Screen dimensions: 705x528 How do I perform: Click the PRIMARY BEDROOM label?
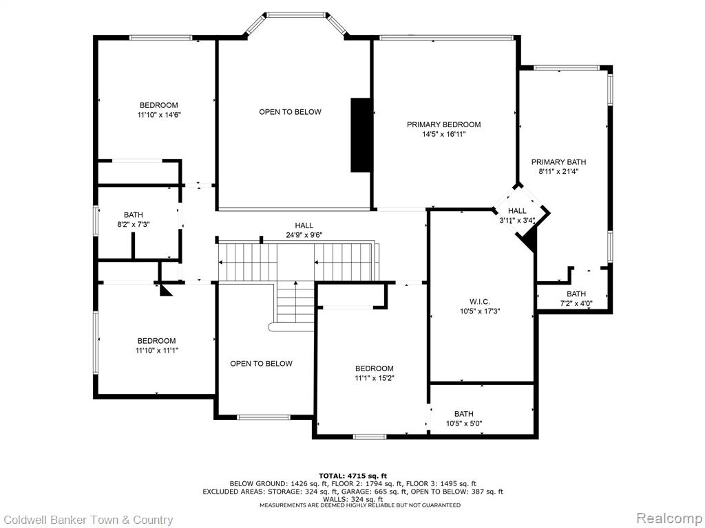pyautogui.click(x=443, y=124)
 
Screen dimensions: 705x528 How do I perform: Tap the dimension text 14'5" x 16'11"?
pyautogui.click(x=443, y=134)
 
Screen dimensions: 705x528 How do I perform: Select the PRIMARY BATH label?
pyautogui.click(x=558, y=162)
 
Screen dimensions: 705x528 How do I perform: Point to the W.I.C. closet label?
pyautogui.click(x=480, y=302)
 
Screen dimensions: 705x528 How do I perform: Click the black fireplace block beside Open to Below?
pyautogui.click(x=361, y=135)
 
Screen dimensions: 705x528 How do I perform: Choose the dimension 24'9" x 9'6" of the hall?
pyautogui.click(x=304, y=235)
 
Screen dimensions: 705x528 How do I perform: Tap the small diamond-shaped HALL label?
pyautogui.click(x=517, y=210)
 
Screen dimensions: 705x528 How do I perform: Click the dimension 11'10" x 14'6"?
pyautogui.click(x=159, y=115)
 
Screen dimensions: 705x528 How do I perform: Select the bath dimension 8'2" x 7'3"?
pyautogui.click(x=133, y=225)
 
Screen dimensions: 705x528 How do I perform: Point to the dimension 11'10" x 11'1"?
pyautogui.click(x=156, y=350)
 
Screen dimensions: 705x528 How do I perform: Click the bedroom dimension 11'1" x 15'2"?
pyautogui.click(x=374, y=378)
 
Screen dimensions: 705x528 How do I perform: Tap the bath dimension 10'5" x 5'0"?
pyautogui.click(x=463, y=423)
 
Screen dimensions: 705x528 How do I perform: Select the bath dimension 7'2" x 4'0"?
pyautogui.click(x=576, y=303)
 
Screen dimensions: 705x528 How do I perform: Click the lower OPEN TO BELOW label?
pyautogui.click(x=261, y=364)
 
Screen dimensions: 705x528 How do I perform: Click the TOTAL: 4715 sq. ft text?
pyautogui.click(x=352, y=476)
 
